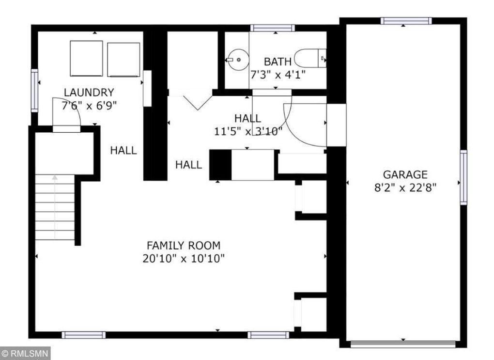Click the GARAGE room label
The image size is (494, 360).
pyautogui.click(x=405, y=174)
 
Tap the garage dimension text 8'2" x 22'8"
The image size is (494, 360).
pyautogui.click(x=405, y=188)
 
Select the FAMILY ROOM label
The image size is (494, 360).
pyautogui.click(x=184, y=245)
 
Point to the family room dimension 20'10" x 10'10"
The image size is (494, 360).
pyautogui.click(x=184, y=259)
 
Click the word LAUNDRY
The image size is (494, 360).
pyautogui.click(x=89, y=93)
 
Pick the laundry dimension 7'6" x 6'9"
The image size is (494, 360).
pyautogui.click(x=89, y=106)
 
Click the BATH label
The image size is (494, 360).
pyautogui.click(x=278, y=62)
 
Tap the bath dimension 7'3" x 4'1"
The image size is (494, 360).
pyautogui.click(x=278, y=75)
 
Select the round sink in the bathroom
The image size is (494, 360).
pyautogui.click(x=238, y=60)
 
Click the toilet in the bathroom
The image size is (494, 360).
pyautogui.click(x=310, y=58)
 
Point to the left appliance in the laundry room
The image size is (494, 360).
pyautogui.click(x=86, y=59)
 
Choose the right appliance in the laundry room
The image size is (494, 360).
pyautogui.click(x=123, y=60)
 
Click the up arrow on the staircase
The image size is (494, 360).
pyautogui.click(x=55, y=206)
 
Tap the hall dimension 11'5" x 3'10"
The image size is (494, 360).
pyautogui.click(x=248, y=131)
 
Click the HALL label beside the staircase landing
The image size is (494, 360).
pyautogui.click(x=123, y=150)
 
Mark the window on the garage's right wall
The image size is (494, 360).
pyautogui.click(x=463, y=177)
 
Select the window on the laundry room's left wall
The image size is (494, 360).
pyautogui.click(x=34, y=91)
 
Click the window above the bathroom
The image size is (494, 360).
pyautogui.click(x=273, y=28)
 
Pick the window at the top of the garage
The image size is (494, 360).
pyautogui.click(x=406, y=21)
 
